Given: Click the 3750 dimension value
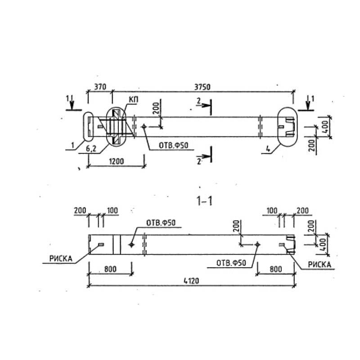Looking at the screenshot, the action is click(x=202, y=87).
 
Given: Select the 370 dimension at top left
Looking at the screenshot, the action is click(x=100, y=87).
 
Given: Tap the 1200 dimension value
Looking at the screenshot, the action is click(x=116, y=162).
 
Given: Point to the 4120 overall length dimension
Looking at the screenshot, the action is click(x=192, y=281).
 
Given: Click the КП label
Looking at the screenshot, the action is click(x=133, y=100).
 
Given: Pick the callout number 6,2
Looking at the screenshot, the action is click(x=91, y=149).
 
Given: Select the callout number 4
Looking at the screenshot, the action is click(x=268, y=149).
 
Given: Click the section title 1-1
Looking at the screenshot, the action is click(x=205, y=201).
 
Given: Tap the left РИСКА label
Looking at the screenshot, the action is click(x=61, y=259).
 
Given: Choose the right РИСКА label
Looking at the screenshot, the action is click(x=319, y=265).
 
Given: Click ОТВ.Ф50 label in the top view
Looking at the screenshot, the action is click(x=173, y=145).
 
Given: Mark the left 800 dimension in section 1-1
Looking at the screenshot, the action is click(x=110, y=269).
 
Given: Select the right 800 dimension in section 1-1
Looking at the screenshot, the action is click(x=276, y=269).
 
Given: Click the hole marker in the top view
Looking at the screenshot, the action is click(x=144, y=126).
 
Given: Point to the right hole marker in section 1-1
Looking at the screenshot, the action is click(x=257, y=244).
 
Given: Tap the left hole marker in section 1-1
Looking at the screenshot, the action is click(x=131, y=245).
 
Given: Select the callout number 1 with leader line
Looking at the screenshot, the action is click(x=73, y=145).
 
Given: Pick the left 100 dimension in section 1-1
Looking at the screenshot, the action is click(x=112, y=211).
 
